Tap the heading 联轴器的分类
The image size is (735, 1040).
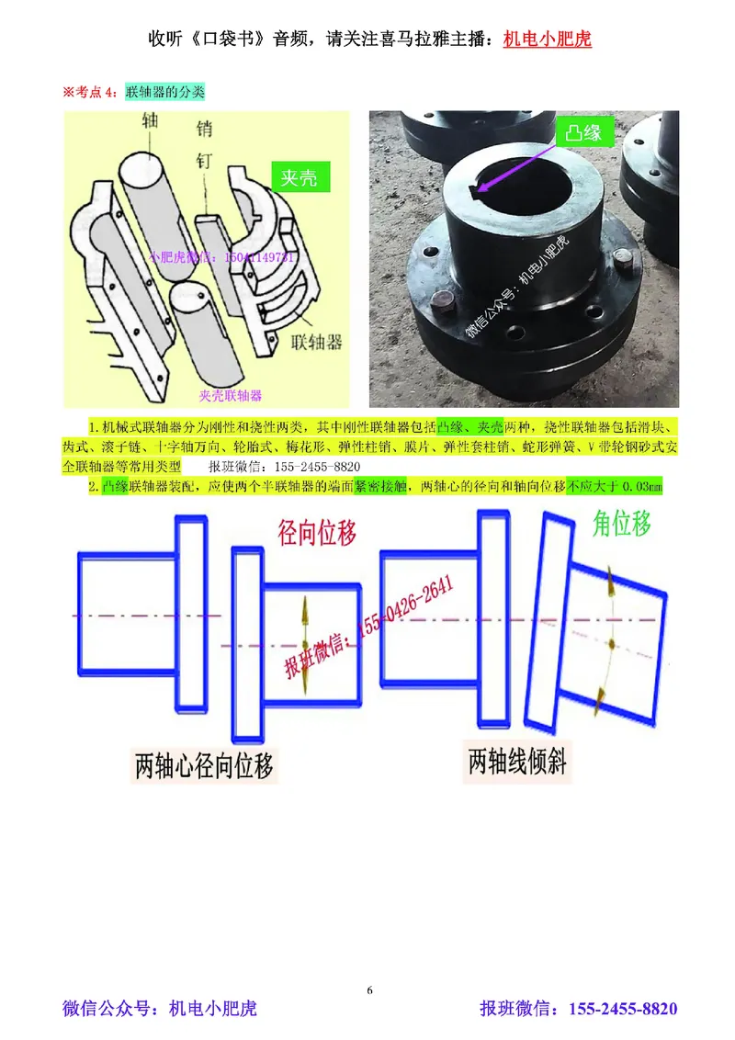coord(164,92)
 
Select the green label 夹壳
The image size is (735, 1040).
coord(299,177)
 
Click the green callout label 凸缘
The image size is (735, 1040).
coord(582,133)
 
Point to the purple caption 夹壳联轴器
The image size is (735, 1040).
coord(231,395)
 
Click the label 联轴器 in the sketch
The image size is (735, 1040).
coord(315,342)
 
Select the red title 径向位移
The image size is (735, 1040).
coord(316,532)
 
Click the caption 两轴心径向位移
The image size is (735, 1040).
coord(204,765)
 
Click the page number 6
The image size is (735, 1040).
coord(369,989)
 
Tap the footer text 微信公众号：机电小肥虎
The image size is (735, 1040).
coord(159,1009)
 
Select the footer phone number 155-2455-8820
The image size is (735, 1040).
coord(624,1009)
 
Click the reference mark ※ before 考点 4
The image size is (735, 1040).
coord(67,92)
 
